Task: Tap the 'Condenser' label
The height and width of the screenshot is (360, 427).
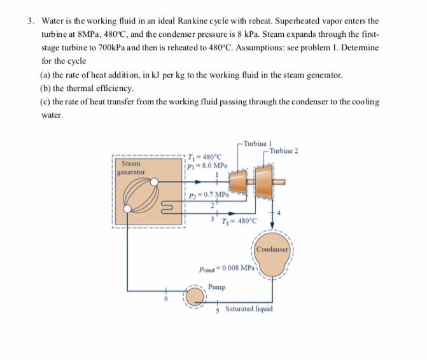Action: click(x=273, y=249)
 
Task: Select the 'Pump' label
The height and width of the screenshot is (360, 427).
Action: click(x=216, y=286)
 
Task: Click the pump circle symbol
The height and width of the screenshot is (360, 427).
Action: click(x=194, y=296)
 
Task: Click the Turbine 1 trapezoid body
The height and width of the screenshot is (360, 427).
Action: click(x=240, y=181)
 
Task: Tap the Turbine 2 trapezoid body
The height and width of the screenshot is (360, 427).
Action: click(x=262, y=180)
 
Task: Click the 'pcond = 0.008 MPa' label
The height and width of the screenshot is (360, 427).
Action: click(x=227, y=269)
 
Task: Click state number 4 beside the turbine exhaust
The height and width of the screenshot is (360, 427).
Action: click(x=278, y=211)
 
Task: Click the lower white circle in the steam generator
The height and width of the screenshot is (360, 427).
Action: click(x=130, y=207)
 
